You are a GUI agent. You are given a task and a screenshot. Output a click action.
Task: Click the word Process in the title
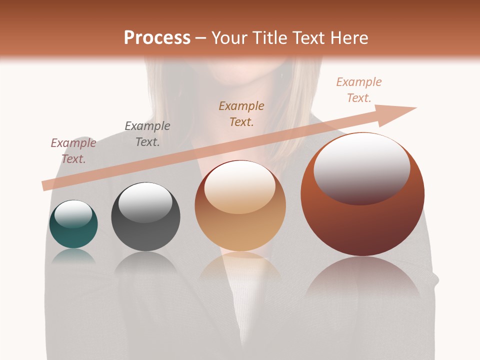pyautogui.click(x=157, y=38)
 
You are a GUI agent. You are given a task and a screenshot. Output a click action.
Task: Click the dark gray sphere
pyautogui.click(x=145, y=235)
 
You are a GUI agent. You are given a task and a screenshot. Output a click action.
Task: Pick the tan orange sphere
pyautogui.click(x=240, y=230)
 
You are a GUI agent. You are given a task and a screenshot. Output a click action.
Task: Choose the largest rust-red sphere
pyautogui.click(x=362, y=225)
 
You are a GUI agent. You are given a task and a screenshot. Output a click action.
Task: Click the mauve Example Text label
pyautogui.click(x=73, y=151)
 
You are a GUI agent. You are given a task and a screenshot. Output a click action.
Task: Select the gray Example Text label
pyautogui.click(x=147, y=134)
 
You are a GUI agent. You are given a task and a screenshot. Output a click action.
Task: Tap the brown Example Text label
pyautogui.click(x=241, y=113)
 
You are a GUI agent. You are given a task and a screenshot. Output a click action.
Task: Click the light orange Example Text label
pyautogui.click(x=359, y=90)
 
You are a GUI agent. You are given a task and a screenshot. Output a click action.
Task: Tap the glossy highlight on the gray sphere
pyautogui.click(x=145, y=202)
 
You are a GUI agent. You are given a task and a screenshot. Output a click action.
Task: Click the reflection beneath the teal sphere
pyautogui.click(x=73, y=256)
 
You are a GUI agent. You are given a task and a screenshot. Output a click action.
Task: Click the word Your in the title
pyautogui.click(x=228, y=38)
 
